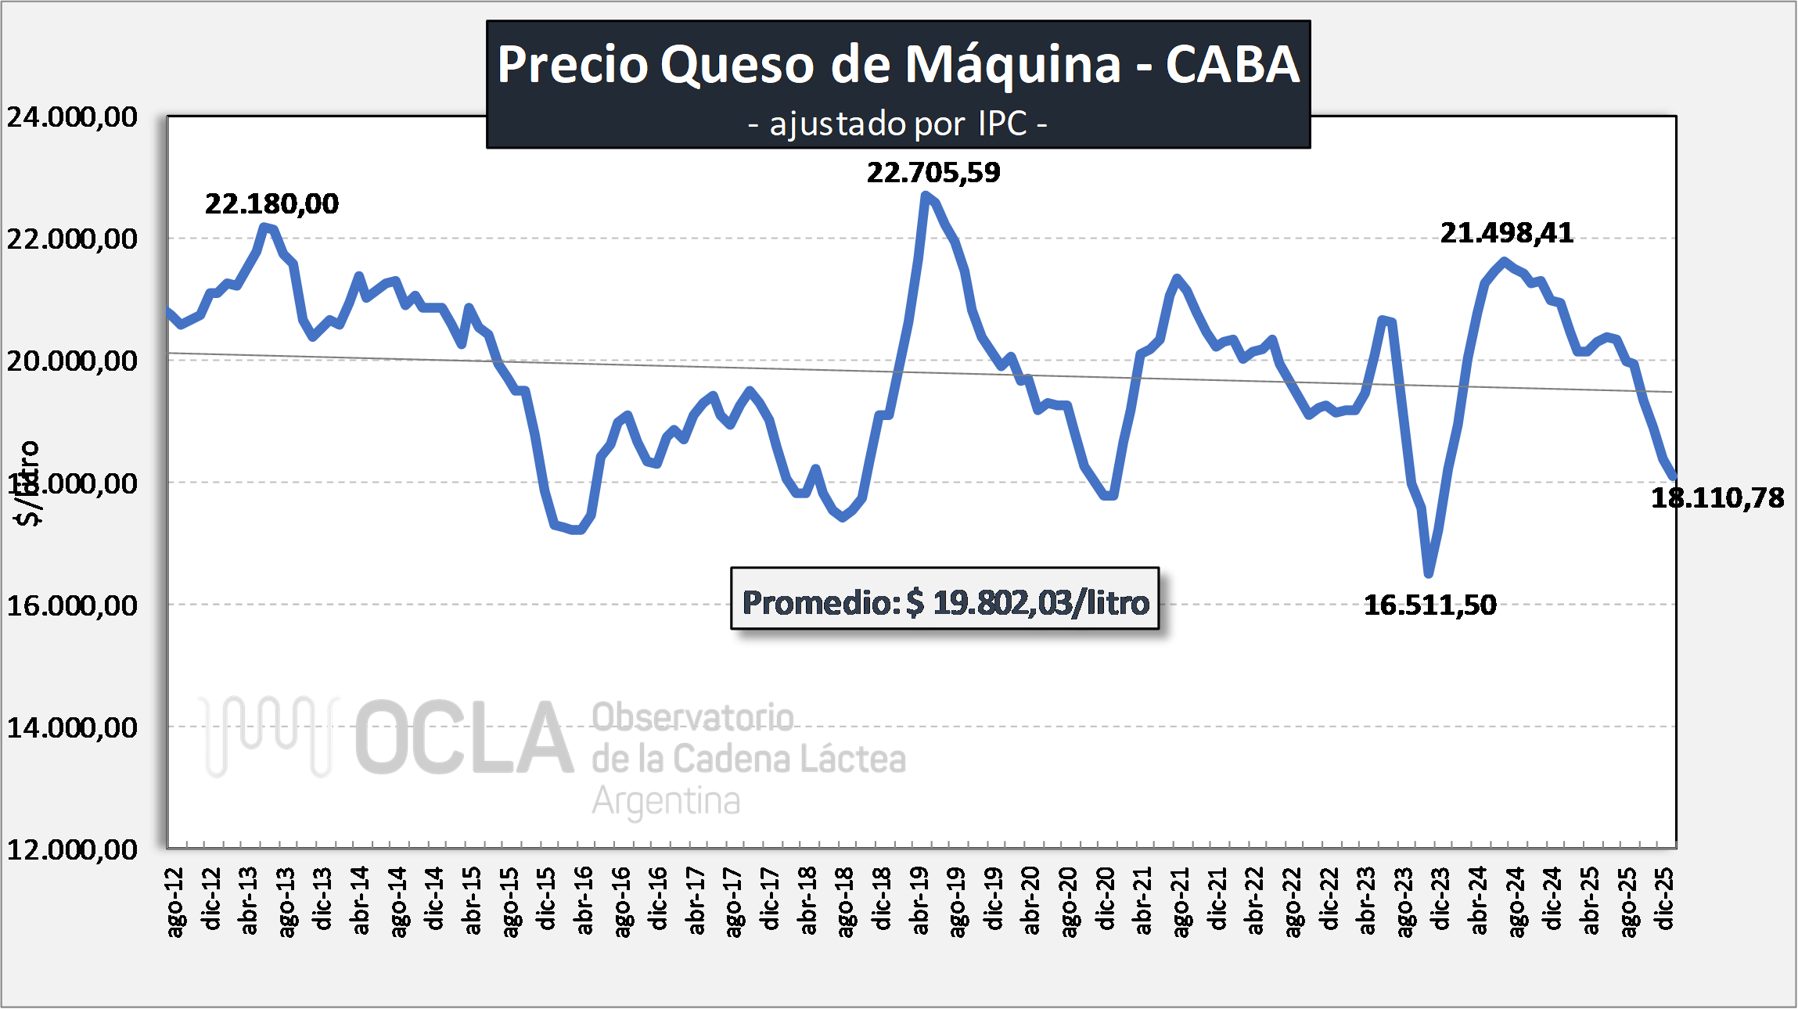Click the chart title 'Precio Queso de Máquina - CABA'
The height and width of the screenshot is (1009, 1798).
pyautogui.click(x=897, y=64)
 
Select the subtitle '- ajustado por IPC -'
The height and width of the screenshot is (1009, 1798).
pyautogui.click(x=897, y=124)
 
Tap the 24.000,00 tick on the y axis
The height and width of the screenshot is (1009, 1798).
pyautogui.click(x=72, y=117)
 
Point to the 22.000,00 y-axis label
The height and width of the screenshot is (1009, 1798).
pyautogui.click(x=72, y=239)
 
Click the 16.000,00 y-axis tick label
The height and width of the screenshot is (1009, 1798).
pyautogui.click(x=72, y=605)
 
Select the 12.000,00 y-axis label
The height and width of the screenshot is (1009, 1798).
pyautogui.click(x=72, y=849)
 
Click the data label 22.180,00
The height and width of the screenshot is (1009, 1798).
pyautogui.click(x=271, y=204)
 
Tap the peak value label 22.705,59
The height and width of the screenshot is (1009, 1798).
pyautogui.click(x=933, y=173)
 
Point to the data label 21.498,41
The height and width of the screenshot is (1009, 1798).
pyautogui.click(x=1507, y=233)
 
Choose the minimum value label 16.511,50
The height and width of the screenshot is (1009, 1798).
pyautogui.click(x=1430, y=605)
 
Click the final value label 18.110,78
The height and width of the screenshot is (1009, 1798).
pyautogui.click(x=1717, y=498)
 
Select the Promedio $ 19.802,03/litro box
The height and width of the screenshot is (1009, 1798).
pyautogui.click(x=944, y=602)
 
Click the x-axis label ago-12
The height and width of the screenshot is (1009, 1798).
pyautogui.click(x=176, y=901)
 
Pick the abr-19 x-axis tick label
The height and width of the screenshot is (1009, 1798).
pyautogui.click(x=920, y=900)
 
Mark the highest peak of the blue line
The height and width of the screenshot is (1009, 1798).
pyautogui.click(x=926, y=195)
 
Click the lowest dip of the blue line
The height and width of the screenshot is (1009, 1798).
pyautogui.click(x=1429, y=573)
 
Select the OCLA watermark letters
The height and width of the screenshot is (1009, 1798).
pyautogui.click(x=465, y=738)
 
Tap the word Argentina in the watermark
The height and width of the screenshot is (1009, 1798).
pyautogui.click(x=666, y=801)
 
